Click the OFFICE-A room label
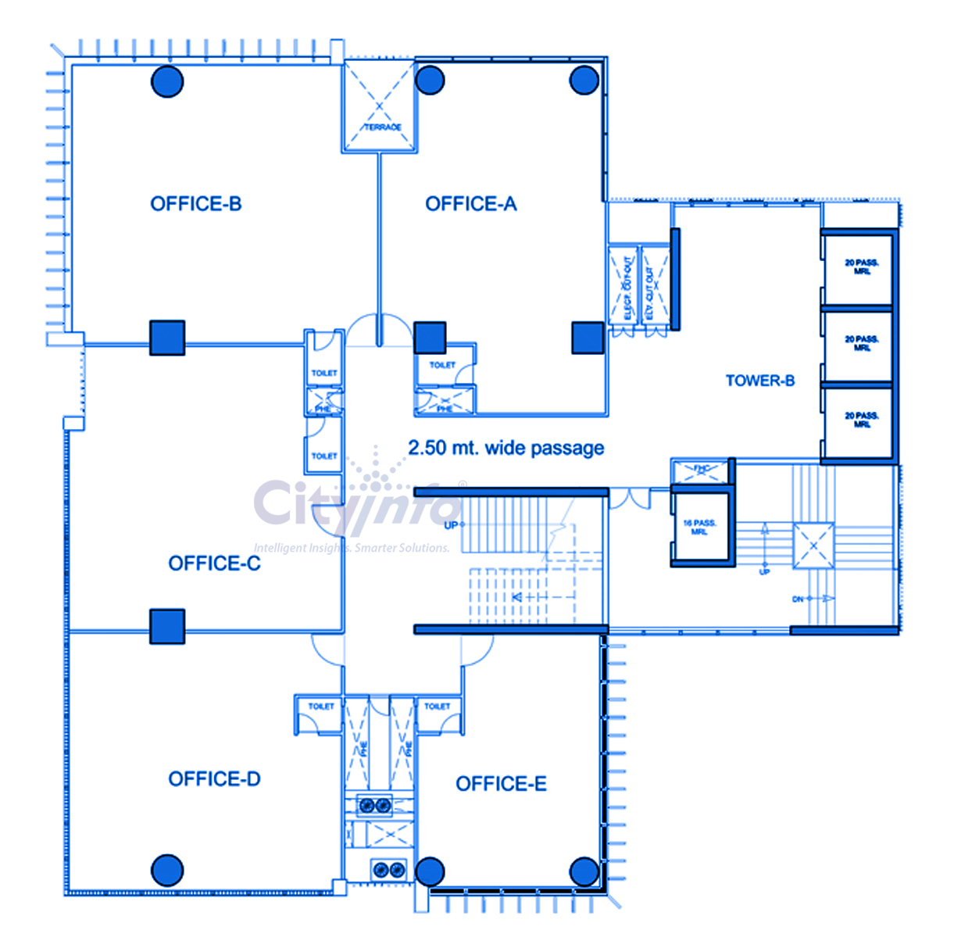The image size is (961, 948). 470,204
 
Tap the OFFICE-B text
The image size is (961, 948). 196,204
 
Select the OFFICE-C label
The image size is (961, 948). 214,563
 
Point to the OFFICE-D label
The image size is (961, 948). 214,779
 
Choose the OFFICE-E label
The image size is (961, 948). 501,784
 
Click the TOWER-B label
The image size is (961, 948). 759,381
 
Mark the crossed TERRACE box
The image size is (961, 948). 379,106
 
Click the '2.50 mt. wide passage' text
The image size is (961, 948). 506,448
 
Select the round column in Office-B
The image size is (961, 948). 167,81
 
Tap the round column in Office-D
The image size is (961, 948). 167,870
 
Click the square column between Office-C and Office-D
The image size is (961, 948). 167,626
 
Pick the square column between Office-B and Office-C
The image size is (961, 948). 167,338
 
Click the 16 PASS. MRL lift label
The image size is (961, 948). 699,527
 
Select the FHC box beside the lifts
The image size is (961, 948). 701,470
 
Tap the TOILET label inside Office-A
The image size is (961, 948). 442,365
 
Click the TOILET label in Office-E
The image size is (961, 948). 437,707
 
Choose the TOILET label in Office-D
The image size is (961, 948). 321,707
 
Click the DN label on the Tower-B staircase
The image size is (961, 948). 798,599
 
